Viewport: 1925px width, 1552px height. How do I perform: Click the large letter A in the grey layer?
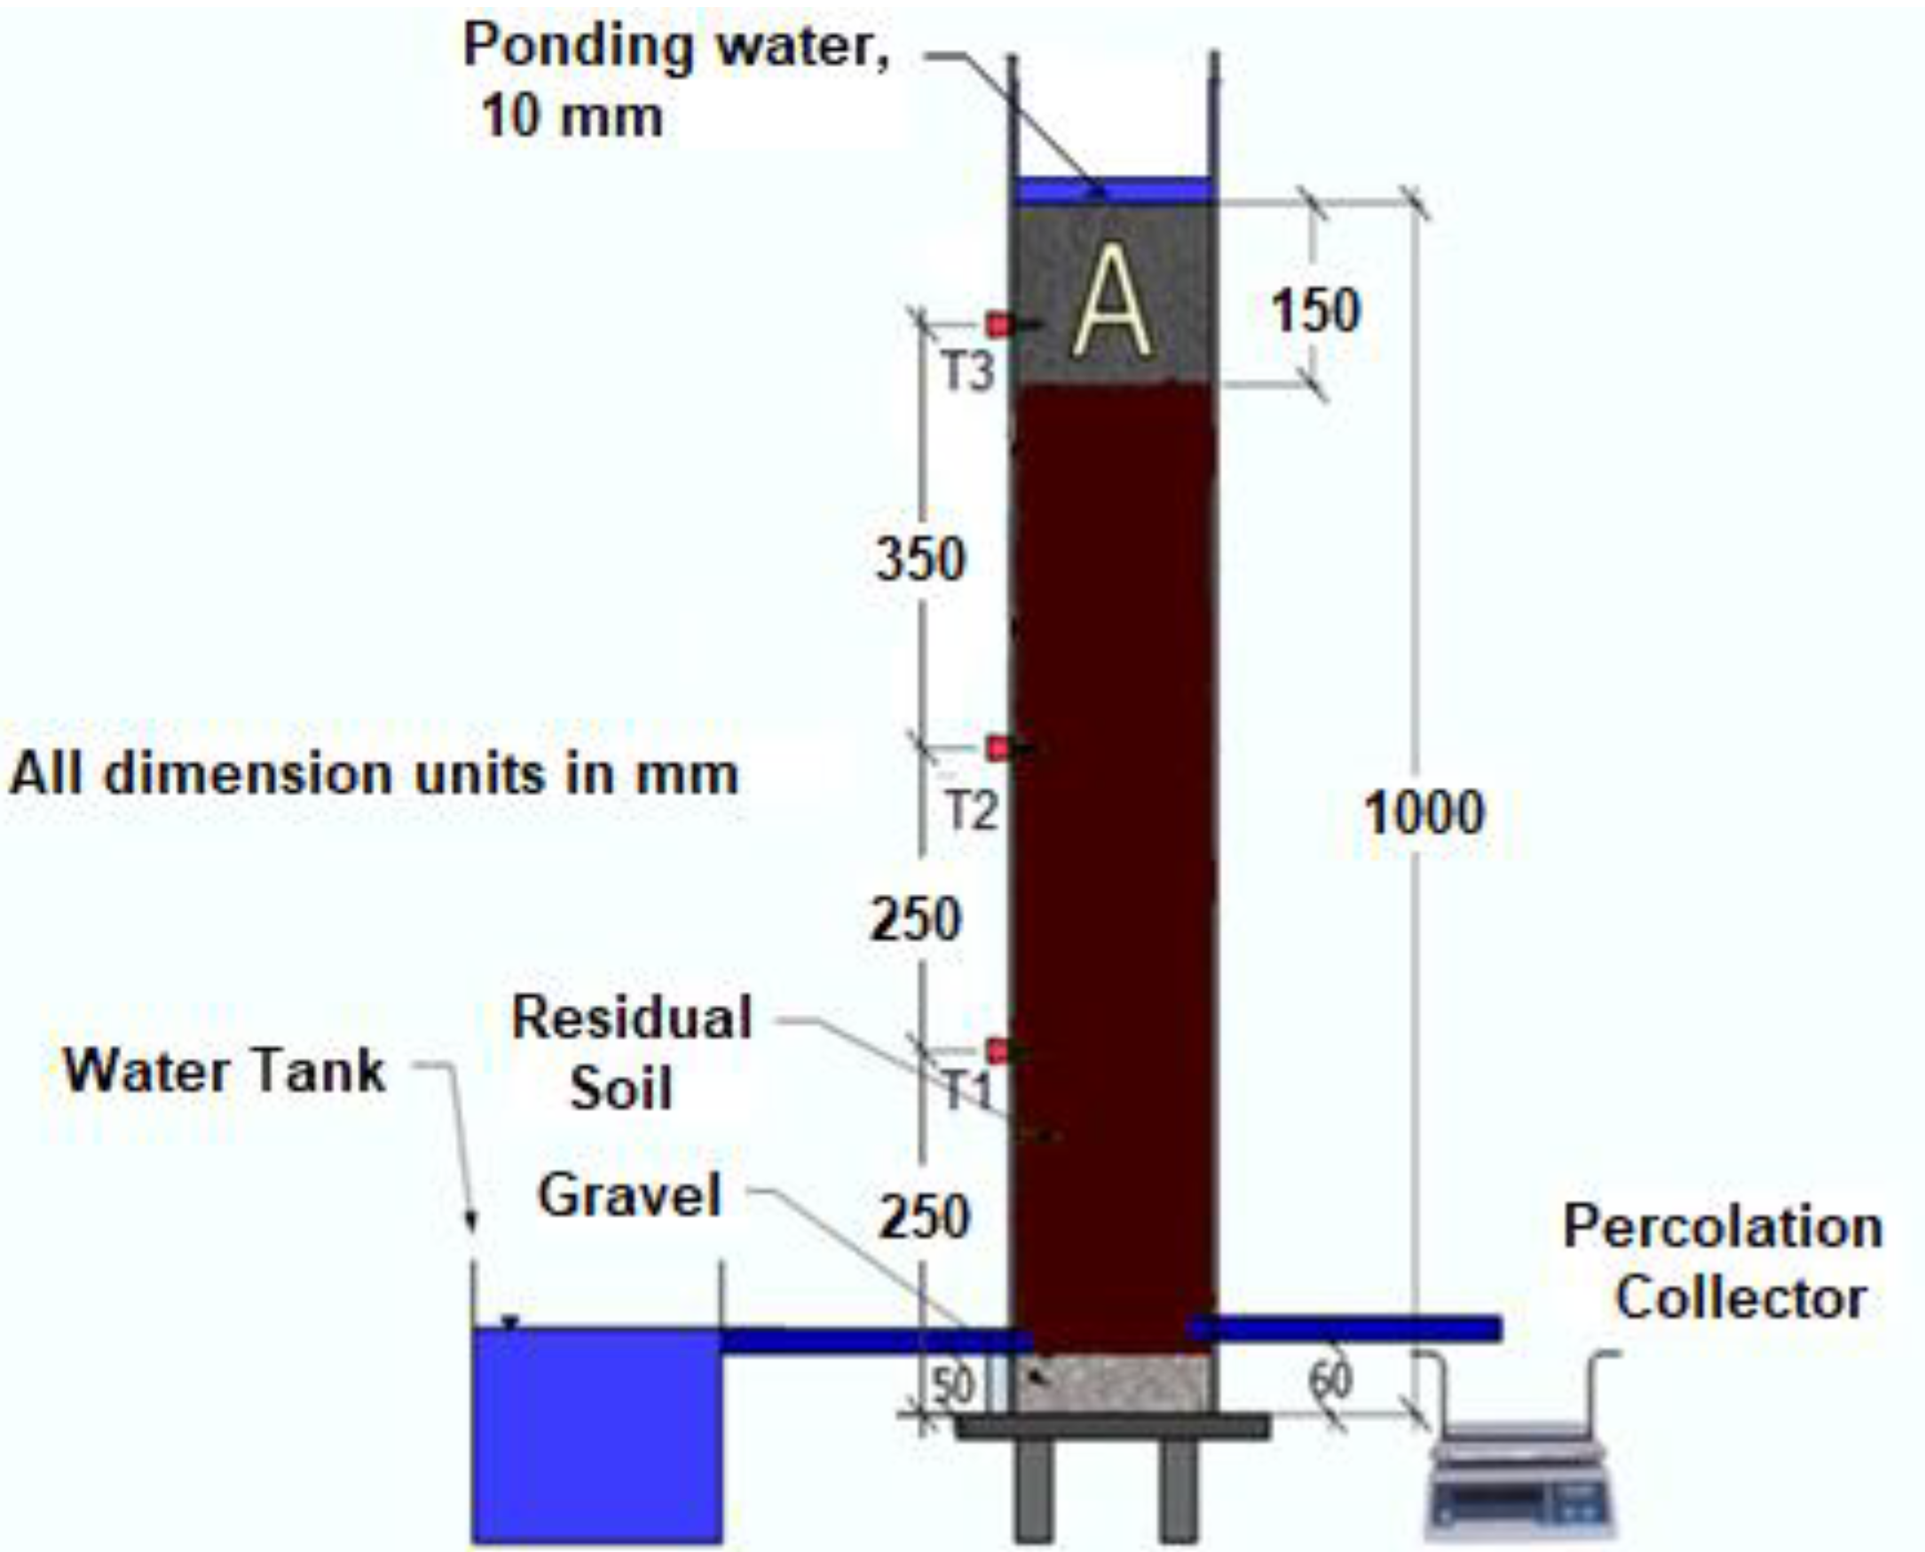point(1112,301)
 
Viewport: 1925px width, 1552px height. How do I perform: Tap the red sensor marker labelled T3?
point(999,324)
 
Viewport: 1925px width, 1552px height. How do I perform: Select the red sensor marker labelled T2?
point(998,748)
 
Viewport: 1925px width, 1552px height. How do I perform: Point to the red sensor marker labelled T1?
point(998,1051)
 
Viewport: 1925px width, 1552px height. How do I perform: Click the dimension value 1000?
point(1424,813)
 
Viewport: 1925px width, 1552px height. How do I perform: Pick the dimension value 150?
point(1315,311)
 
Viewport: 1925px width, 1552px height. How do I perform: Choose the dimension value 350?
point(920,559)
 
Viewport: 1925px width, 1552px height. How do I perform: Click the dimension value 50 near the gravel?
point(953,1386)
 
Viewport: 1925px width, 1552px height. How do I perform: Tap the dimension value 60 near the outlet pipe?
point(1330,1381)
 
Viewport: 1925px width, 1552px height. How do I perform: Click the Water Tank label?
point(225,1070)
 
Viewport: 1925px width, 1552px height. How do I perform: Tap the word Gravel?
point(629,1195)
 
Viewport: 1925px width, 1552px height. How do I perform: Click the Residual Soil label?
point(630,1053)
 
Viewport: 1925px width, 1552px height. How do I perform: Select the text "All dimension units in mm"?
point(374,774)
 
